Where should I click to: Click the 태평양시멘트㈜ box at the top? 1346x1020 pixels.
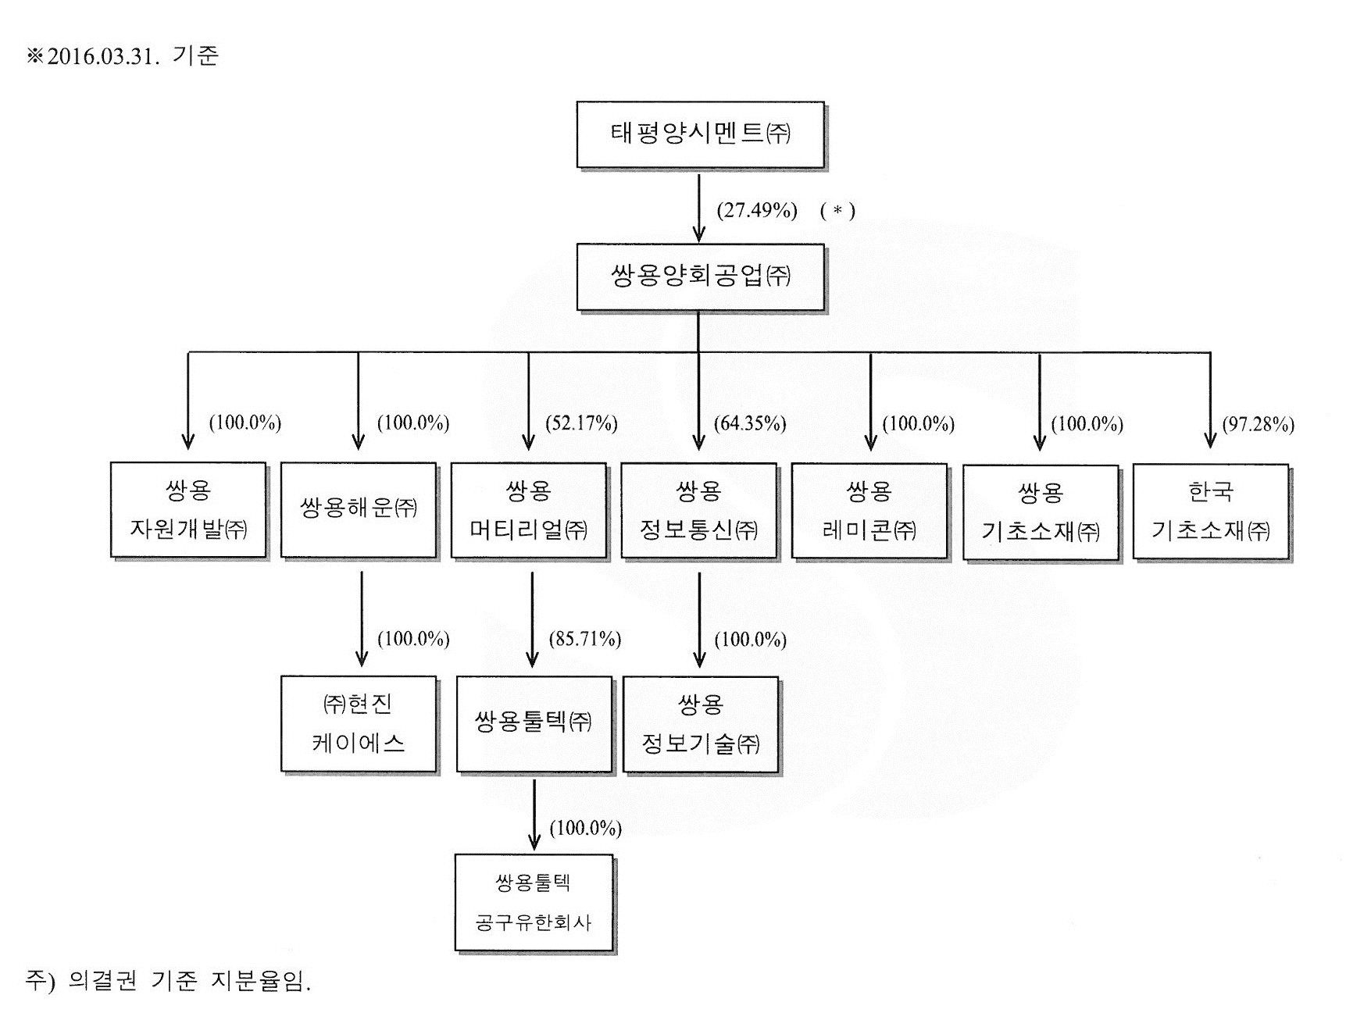[x=700, y=134]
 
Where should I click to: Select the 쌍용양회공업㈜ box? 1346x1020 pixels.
[x=700, y=276]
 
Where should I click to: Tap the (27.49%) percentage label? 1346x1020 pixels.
[x=756, y=210]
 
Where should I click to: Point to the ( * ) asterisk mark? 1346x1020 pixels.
[x=837, y=211]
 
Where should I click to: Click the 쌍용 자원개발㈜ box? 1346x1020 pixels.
[x=188, y=510]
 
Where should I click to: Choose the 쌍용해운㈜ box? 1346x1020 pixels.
[x=358, y=510]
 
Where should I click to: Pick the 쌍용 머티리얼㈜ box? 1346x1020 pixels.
[x=528, y=511]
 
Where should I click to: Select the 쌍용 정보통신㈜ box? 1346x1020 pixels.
[x=698, y=511]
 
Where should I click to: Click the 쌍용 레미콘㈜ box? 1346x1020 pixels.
[x=869, y=511]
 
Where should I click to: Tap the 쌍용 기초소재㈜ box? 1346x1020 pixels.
[x=1040, y=512]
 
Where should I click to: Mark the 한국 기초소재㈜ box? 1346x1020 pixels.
[x=1210, y=512]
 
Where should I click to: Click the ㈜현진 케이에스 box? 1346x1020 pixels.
[x=358, y=723]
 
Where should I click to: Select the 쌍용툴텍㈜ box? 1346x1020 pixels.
[x=534, y=723]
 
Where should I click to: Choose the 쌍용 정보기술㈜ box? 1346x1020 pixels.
[x=700, y=724]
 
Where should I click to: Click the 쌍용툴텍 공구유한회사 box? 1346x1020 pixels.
[x=534, y=903]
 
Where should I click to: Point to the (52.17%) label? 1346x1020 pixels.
[x=581, y=423]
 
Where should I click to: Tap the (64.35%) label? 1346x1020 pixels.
[x=750, y=423]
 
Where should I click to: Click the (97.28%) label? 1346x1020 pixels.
[x=1258, y=424]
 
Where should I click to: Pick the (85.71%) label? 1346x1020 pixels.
[x=584, y=639]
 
